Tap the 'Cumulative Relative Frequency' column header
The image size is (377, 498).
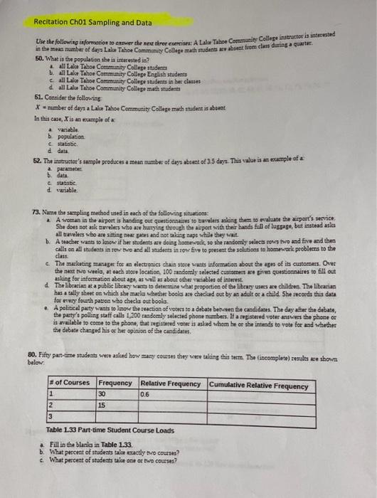[x=259, y=386]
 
